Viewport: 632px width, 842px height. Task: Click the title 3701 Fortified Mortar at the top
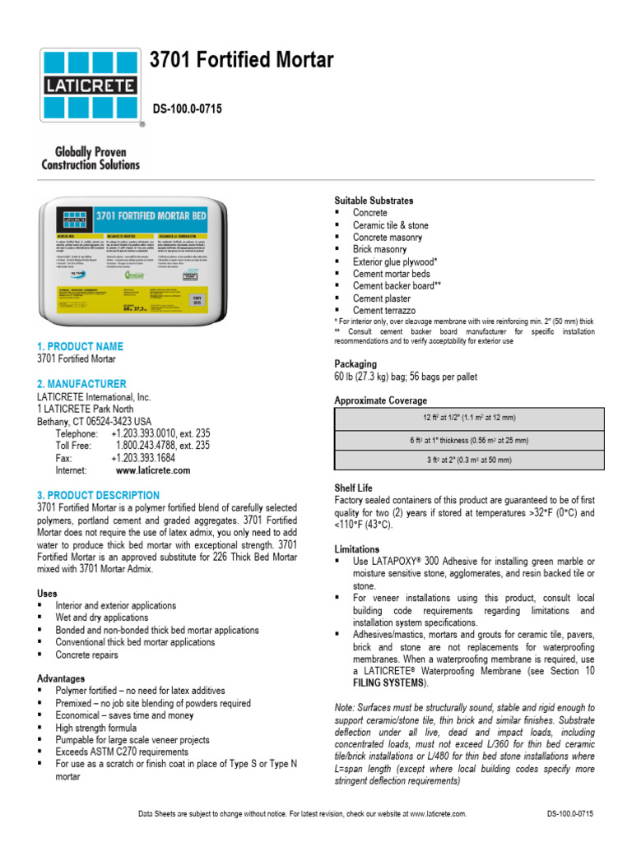(241, 60)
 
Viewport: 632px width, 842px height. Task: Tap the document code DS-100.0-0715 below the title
(187, 109)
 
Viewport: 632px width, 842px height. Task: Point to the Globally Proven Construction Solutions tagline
(91, 158)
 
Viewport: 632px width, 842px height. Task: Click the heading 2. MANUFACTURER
(81, 384)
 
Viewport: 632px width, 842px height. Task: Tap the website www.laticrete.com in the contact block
(153, 470)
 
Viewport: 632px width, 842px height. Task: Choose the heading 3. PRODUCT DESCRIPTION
(98, 496)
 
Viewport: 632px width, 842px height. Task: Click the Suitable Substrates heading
(374, 201)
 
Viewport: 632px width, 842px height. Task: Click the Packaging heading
(355, 363)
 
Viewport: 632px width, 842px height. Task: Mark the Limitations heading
(357, 548)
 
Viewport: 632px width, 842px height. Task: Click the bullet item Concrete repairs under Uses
(86, 655)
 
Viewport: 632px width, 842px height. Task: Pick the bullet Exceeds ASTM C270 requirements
(122, 752)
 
